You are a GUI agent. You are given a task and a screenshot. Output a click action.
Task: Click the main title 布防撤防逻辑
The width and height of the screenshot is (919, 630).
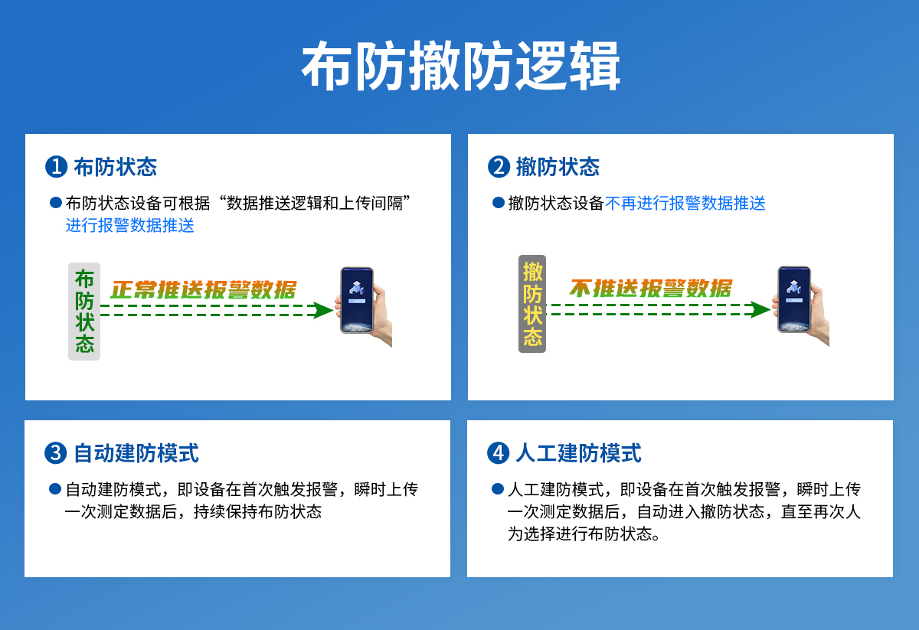point(460,67)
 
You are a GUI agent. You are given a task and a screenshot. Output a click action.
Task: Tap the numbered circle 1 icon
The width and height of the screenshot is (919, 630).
point(57,167)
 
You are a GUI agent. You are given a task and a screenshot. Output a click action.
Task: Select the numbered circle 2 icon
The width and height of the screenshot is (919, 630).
point(499,167)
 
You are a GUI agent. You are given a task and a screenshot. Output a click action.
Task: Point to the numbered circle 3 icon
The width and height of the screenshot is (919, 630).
point(57,453)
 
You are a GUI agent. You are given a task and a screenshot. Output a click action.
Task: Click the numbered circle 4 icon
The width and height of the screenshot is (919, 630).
point(499,453)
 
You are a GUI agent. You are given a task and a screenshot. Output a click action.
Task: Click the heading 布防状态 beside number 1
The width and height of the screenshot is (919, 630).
point(115,167)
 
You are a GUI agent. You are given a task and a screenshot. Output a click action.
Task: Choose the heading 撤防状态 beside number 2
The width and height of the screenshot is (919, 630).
point(558,167)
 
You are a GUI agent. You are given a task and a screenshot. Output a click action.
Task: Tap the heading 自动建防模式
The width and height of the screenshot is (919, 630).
point(136,453)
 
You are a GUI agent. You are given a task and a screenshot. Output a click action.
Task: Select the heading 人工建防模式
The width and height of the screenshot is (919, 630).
point(578,453)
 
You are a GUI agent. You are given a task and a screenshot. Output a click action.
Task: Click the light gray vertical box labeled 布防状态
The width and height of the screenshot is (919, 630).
point(84,312)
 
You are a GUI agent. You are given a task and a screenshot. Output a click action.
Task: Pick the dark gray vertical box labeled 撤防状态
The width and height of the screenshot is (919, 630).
point(532,304)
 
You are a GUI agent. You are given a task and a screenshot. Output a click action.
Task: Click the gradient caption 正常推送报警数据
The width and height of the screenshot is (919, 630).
point(203,290)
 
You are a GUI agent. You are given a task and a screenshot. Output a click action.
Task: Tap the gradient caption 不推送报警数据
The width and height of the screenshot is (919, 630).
point(650,289)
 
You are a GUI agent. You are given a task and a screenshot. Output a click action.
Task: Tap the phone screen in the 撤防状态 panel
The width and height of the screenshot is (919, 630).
point(794,298)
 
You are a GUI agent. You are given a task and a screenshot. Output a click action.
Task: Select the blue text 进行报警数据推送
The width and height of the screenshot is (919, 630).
point(129,226)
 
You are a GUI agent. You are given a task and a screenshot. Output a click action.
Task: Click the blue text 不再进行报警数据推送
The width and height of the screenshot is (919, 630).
point(685,204)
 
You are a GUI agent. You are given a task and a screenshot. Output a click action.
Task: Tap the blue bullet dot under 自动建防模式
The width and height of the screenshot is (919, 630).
point(55,489)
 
